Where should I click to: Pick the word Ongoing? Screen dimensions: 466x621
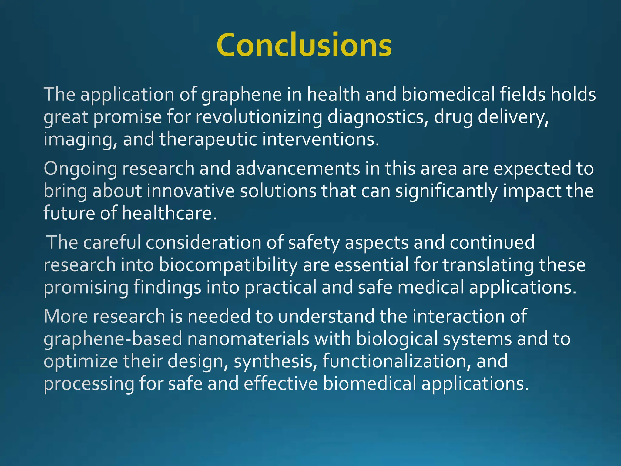pyautogui.click(x=80, y=169)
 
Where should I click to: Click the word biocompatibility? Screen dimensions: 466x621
pyautogui.click(x=228, y=265)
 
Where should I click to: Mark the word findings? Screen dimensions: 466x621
pyautogui.click(x=167, y=287)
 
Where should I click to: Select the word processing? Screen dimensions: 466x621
pyautogui.click(x=89, y=384)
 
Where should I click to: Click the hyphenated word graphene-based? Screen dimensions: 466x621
pyautogui.click(x=113, y=339)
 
